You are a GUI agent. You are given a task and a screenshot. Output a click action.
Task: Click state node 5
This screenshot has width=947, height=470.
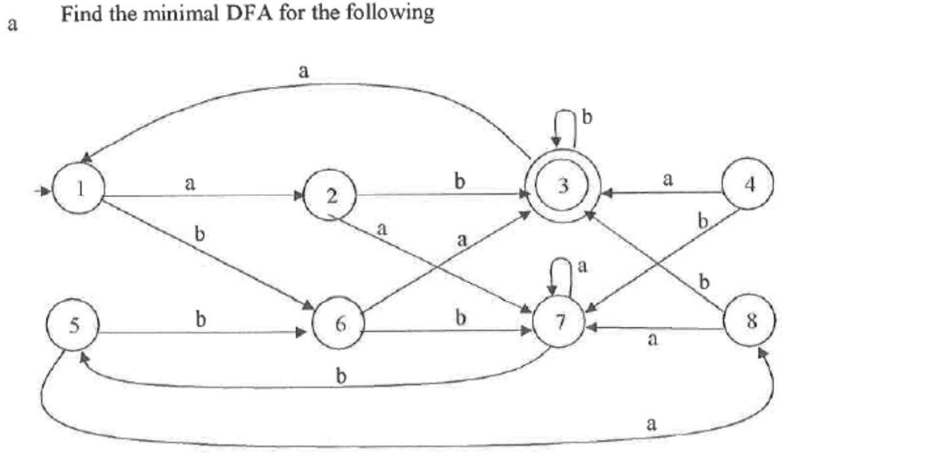click(x=73, y=325)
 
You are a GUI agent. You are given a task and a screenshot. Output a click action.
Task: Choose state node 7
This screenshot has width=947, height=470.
click(x=560, y=324)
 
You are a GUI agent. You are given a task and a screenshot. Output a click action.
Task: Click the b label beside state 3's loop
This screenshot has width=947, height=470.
click(x=587, y=119)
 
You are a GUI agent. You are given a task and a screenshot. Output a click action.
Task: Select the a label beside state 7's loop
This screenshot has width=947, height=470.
click(x=582, y=267)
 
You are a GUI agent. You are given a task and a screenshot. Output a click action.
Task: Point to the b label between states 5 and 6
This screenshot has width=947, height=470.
click(x=201, y=320)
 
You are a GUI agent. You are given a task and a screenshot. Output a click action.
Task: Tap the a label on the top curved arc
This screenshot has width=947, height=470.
click(x=303, y=72)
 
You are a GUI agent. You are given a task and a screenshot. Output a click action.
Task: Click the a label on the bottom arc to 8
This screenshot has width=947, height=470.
click(x=651, y=424)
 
